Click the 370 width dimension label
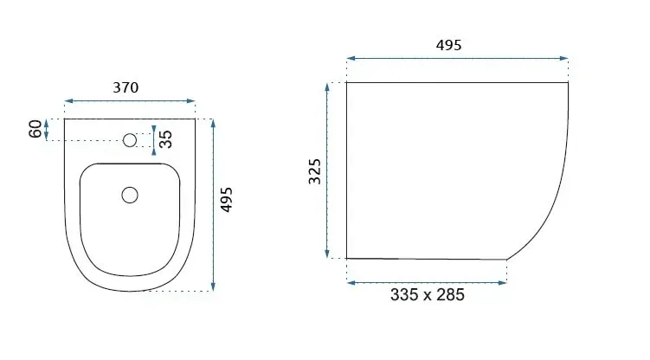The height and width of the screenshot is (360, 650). point(125,87)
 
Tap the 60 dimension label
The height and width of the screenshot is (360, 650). point(35,129)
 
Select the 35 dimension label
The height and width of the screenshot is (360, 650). point(165,139)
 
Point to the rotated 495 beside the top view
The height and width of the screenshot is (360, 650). point(227,200)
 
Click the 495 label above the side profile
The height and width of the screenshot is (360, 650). point(448,45)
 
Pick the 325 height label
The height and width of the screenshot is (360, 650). point(315,171)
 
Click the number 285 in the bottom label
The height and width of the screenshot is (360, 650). point(451,295)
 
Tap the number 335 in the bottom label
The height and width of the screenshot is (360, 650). point(404,295)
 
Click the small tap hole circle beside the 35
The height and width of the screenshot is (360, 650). point(130,140)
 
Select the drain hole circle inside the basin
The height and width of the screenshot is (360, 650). point(130,195)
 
